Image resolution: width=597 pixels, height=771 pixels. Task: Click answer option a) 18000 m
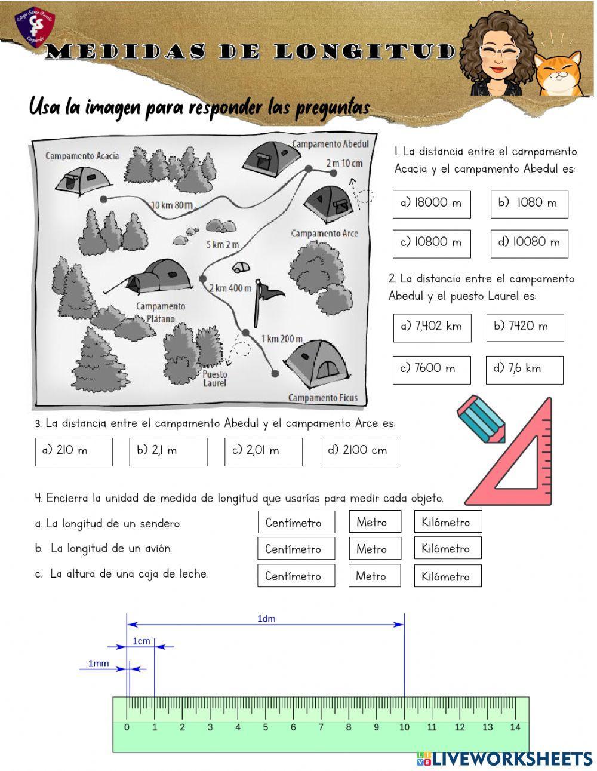coord(432,204)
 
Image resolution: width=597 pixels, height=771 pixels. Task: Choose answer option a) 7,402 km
coord(432,327)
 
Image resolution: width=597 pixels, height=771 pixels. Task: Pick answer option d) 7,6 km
coord(524,369)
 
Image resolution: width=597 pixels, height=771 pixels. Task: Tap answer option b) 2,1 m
coord(168,451)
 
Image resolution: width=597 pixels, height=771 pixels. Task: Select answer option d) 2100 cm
coord(359,451)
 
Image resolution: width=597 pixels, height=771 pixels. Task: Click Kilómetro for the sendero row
coord(447,522)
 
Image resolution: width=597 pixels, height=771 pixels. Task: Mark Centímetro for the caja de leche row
coord(296,576)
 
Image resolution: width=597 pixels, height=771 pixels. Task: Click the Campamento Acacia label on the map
coord(82,156)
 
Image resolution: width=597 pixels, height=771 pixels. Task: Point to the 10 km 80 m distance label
coord(172,205)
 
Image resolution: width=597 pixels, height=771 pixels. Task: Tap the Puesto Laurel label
coord(215,379)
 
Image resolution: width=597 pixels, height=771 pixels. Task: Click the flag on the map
coord(266,295)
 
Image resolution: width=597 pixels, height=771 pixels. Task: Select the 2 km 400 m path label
coord(230,288)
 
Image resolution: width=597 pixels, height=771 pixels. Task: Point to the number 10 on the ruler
coord(404,727)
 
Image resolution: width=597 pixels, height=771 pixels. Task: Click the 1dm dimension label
coord(266,619)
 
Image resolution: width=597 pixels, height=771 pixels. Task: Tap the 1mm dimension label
coord(99,663)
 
